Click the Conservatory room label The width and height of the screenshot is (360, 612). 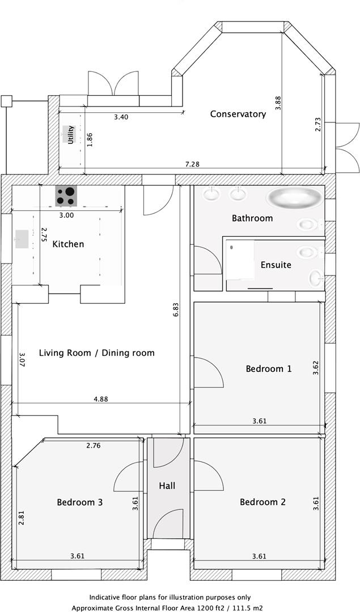(238, 114)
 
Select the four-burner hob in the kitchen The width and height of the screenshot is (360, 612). (66, 196)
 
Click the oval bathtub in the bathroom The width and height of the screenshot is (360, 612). (294, 198)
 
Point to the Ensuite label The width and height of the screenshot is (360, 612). (276, 265)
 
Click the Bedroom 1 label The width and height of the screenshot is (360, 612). (268, 368)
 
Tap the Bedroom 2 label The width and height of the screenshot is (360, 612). (262, 501)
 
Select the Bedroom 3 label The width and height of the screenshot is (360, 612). (79, 501)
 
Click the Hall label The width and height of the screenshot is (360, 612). (167, 486)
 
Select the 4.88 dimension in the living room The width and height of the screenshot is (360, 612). (100, 399)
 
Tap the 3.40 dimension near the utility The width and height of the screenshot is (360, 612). (121, 117)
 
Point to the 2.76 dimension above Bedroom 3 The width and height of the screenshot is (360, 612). (94, 446)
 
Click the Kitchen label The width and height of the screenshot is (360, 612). (68, 244)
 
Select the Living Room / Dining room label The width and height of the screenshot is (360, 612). (96, 352)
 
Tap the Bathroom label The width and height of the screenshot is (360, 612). (252, 218)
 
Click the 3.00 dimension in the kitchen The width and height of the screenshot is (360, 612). (66, 215)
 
